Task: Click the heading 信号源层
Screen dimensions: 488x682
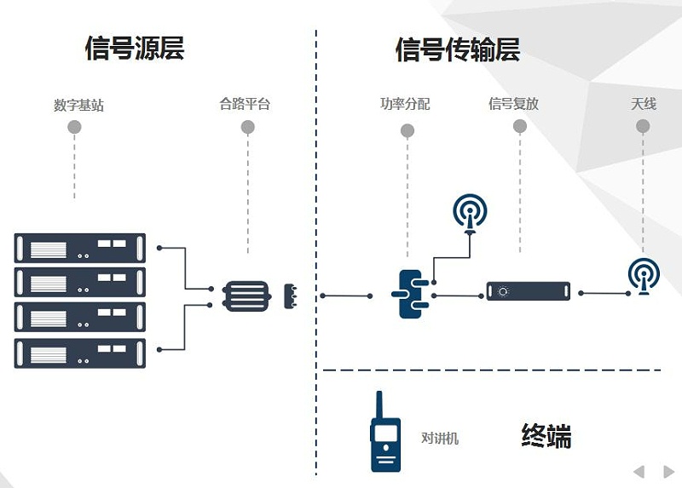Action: [x=135, y=48]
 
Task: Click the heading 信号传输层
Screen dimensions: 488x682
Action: [x=458, y=49]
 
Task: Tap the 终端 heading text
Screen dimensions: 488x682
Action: [x=546, y=436]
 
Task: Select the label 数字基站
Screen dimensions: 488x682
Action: [x=78, y=106]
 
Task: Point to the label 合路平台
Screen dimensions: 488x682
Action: [x=245, y=105]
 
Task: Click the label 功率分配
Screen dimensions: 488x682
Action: [x=405, y=104]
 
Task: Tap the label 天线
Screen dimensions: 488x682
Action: [x=643, y=104]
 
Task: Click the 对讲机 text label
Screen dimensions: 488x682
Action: [x=440, y=438]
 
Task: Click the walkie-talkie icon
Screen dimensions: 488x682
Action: [x=385, y=433]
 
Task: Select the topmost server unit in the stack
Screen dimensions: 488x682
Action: [x=80, y=247]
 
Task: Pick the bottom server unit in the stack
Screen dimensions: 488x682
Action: [x=80, y=353]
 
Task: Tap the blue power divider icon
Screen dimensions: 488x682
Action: [x=410, y=293]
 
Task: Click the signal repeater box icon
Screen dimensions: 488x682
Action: [x=528, y=291]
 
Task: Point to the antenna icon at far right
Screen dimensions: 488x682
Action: [x=644, y=275]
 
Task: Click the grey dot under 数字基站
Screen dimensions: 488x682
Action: [x=74, y=128]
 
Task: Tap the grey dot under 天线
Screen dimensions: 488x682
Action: [x=643, y=126]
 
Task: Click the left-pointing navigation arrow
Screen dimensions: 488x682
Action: [x=639, y=471]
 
